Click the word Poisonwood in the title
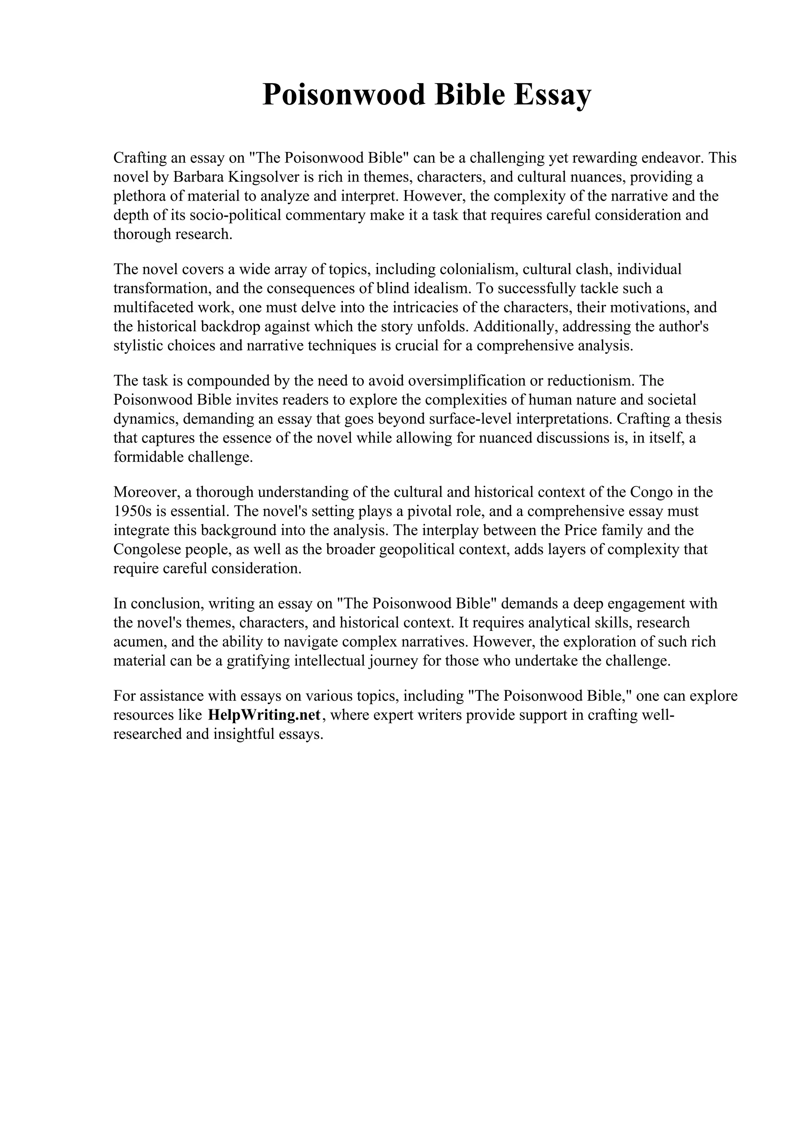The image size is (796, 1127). [344, 95]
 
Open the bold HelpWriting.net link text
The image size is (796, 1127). [264, 715]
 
